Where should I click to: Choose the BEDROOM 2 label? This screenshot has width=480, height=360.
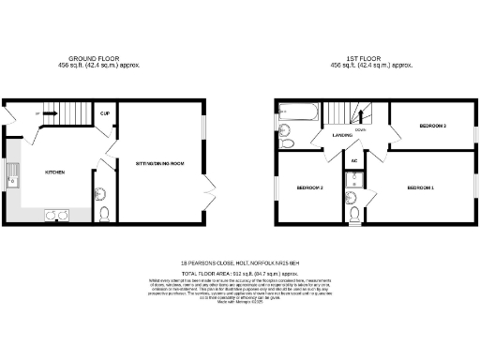point(310,188)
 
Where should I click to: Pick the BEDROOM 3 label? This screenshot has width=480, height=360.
point(432,126)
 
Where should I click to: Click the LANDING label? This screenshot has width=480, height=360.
point(342,136)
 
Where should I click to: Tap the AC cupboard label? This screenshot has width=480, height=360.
point(354,161)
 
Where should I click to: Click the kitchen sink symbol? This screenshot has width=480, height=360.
point(14,173)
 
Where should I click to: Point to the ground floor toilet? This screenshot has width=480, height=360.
point(105,213)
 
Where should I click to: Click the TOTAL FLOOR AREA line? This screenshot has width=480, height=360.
point(239,271)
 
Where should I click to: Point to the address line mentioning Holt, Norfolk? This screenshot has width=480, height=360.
point(239,262)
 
